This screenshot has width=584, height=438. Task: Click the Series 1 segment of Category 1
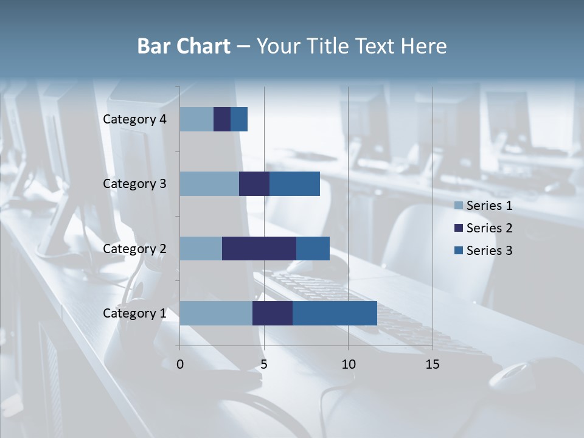[x=216, y=313]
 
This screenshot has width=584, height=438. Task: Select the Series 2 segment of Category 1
[x=273, y=313]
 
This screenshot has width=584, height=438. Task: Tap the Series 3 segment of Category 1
[x=335, y=313]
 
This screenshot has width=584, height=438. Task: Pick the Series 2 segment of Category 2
[x=259, y=248]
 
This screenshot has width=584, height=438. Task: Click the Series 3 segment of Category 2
[x=313, y=248]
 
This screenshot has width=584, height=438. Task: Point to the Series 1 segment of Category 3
[x=209, y=184]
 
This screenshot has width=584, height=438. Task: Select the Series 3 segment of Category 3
[x=294, y=184]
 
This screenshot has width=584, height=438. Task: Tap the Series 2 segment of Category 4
[x=222, y=119]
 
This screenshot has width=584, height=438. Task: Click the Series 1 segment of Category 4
[x=196, y=119]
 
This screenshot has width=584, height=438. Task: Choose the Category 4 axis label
[x=134, y=119]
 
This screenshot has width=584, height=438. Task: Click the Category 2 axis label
[x=134, y=248]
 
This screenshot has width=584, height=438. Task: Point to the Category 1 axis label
[x=134, y=313]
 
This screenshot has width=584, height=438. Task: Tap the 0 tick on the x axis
[x=180, y=364]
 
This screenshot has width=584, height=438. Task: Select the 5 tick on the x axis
[x=264, y=364]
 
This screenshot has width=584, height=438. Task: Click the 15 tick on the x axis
[x=433, y=364]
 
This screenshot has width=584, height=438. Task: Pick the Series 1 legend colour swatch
[x=459, y=206]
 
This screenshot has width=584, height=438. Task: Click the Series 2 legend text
[x=489, y=228]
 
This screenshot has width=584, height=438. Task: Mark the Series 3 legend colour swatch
[x=459, y=251]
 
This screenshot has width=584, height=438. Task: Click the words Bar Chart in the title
[x=184, y=46]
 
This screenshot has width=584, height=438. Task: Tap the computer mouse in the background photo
[x=517, y=375]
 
